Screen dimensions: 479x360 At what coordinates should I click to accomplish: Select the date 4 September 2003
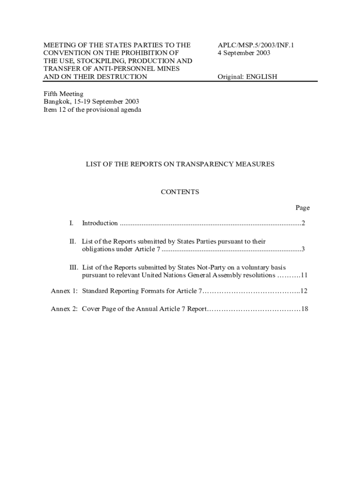point(244,53)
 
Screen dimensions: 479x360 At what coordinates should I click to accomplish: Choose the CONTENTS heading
point(180,192)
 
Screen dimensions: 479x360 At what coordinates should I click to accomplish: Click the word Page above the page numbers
point(302,208)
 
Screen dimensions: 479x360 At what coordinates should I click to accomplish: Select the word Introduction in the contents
point(100,223)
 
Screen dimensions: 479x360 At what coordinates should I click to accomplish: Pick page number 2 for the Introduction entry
point(303,223)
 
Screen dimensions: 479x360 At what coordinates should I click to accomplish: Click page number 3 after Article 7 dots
point(303,249)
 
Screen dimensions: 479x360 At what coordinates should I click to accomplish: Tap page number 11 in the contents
point(304,275)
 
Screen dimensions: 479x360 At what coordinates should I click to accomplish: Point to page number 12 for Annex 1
point(304,291)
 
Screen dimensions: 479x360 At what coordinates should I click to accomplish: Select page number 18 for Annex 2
point(304,309)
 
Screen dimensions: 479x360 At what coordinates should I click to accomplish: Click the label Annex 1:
point(64,291)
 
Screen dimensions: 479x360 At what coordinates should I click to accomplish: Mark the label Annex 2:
point(64,309)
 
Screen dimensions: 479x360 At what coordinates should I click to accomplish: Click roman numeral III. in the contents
point(73,268)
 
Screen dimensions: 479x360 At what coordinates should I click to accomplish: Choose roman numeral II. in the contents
point(72,241)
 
